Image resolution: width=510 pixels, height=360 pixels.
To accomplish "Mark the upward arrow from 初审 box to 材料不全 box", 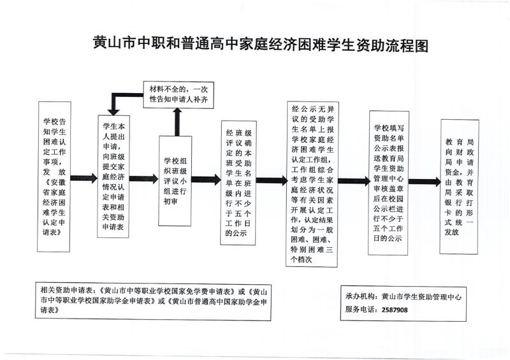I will click(175, 121).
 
